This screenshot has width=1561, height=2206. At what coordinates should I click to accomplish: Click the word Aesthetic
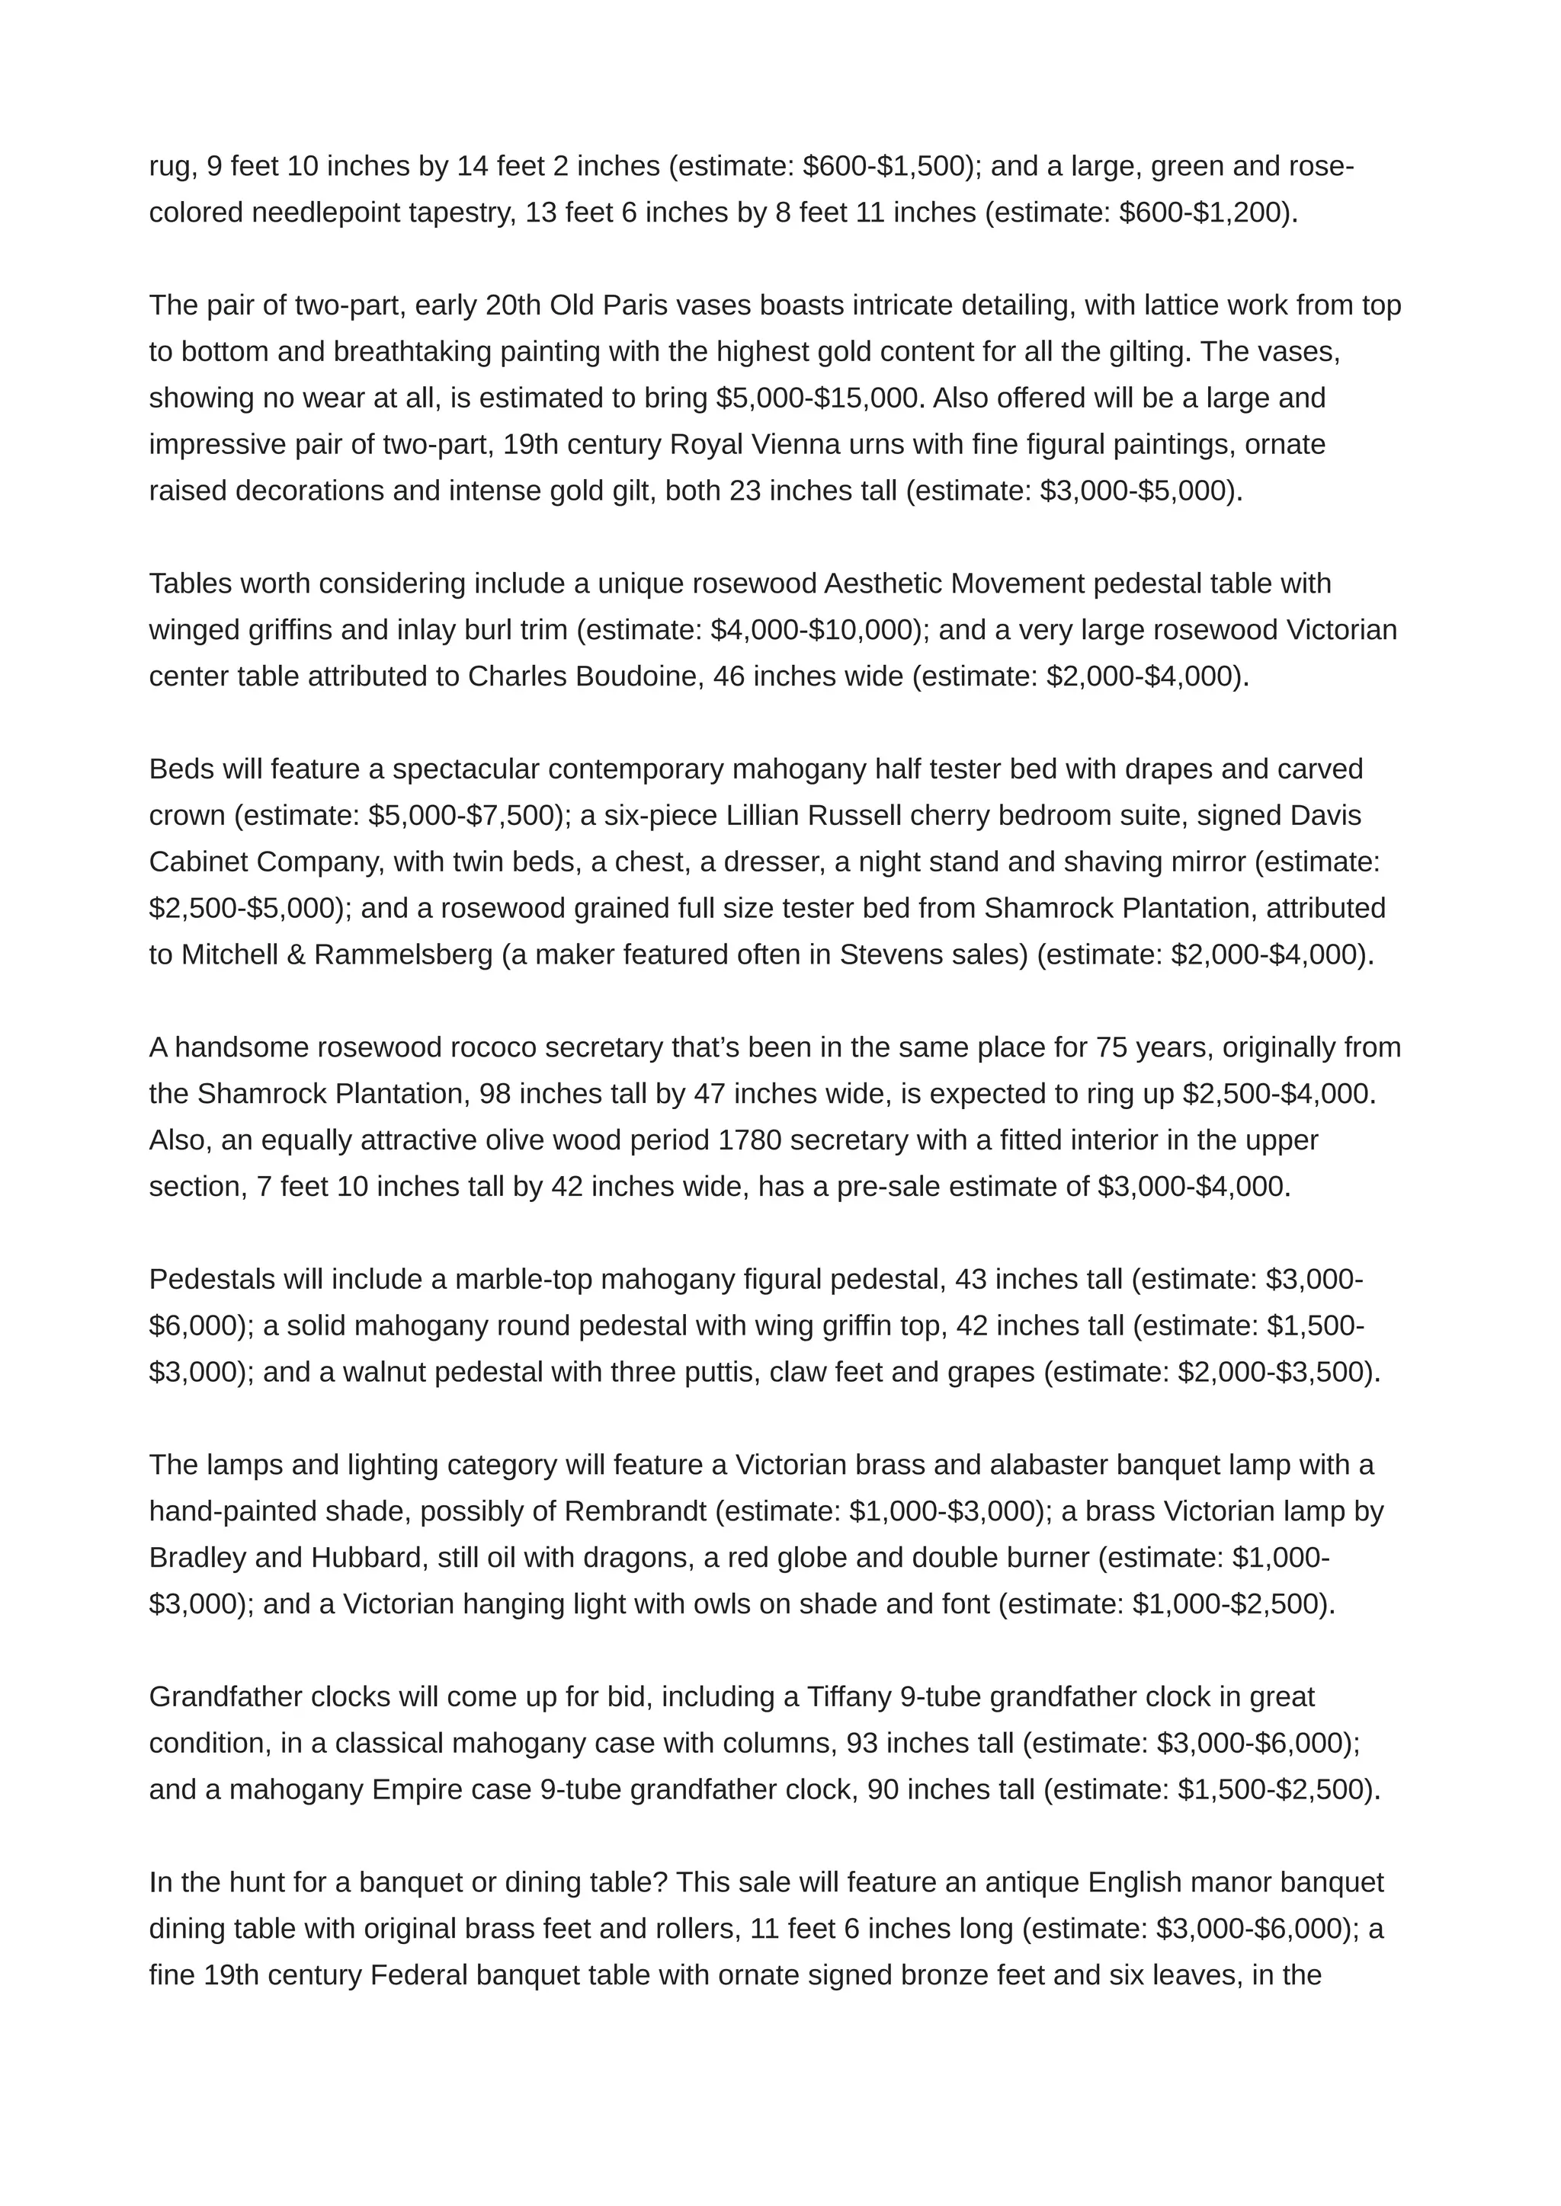pyautogui.click(x=883, y=583)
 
